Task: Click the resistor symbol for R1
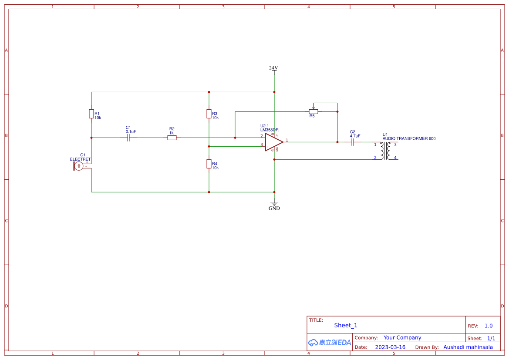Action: click(91, 114)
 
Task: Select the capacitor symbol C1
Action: click(128, 138)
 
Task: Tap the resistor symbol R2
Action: click(172, 138)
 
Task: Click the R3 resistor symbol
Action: click(209, 114)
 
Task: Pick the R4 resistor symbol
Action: click(209, 164)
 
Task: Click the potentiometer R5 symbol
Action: click(313, 111)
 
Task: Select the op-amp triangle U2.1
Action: click(273, 142)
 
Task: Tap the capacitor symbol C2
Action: click(353, 142)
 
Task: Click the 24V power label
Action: click(273, 68)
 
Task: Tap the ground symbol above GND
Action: click(274, 202)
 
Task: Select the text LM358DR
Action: click(270, 130)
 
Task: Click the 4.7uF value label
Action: click(355, 136)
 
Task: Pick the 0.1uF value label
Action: click(131, 131)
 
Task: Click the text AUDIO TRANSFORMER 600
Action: click(409, 138)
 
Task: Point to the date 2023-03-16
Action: click(390, 347)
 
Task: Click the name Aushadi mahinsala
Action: click(468, 347)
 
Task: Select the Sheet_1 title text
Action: click(346, 325)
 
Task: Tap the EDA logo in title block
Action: click(330, 343)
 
